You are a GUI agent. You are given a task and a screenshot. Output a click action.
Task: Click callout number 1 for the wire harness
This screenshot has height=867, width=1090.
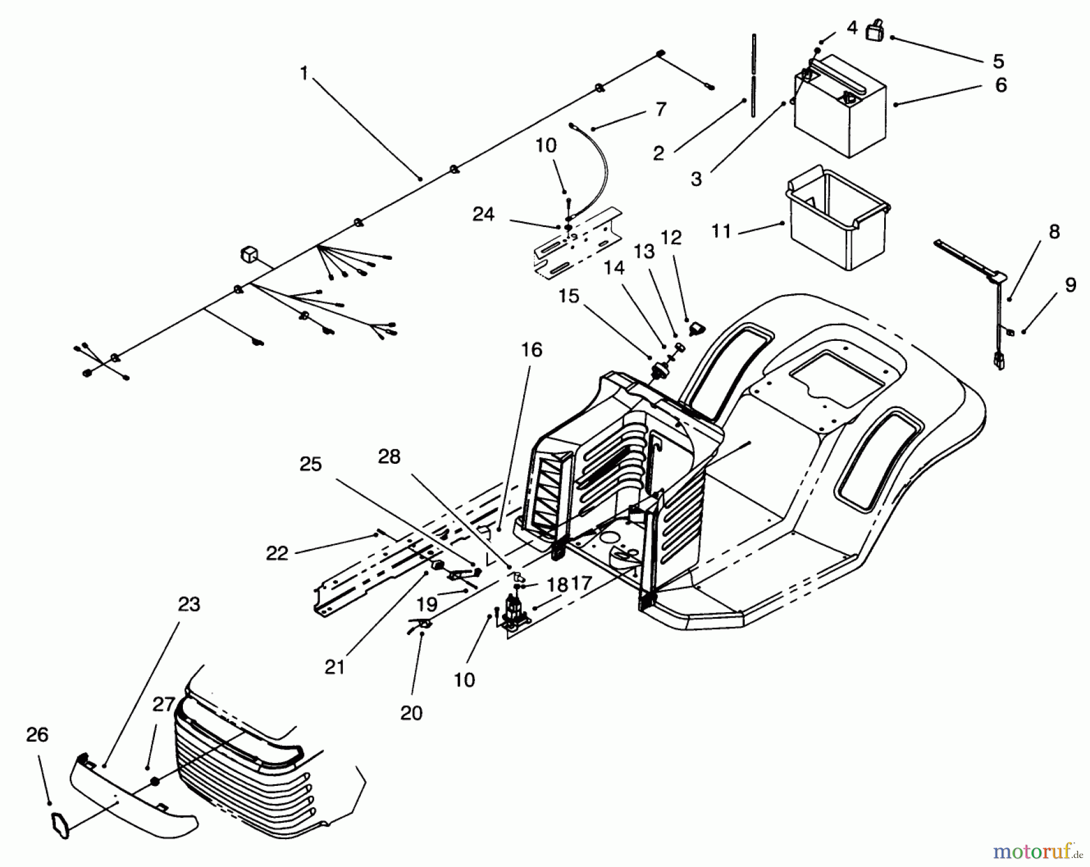[x=304, y=73]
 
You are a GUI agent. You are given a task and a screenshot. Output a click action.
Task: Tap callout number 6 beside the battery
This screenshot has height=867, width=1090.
[x=1000, y=85]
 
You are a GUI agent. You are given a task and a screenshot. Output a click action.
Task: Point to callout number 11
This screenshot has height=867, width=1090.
[x=721, y=231]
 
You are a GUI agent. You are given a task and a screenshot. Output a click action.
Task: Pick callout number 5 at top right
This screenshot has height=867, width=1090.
[x=998, y=61]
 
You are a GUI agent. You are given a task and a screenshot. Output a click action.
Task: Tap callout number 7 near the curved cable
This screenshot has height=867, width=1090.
[x=661, y=110]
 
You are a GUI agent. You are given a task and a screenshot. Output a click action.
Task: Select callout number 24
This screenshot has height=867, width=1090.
[x=483, y=214]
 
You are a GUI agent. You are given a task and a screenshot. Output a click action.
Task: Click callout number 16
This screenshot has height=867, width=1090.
[x=531, y=350]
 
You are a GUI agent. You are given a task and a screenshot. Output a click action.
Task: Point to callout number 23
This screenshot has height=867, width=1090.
[x=189, y=604]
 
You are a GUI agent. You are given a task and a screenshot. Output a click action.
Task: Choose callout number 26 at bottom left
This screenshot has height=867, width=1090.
[x=37, y=735]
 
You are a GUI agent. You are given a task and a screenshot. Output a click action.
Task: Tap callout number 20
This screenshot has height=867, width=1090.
[x=411, y=713]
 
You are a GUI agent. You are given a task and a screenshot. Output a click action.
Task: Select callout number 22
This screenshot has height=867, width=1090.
[x=277, y=553]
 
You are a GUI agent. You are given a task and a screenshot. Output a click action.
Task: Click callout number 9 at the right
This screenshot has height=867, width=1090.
[x=1070, y=285]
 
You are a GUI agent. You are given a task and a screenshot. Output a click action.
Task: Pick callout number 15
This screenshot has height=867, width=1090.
[x=569, y=296]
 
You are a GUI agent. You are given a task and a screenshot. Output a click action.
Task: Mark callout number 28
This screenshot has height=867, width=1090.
[x=389, y=457]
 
